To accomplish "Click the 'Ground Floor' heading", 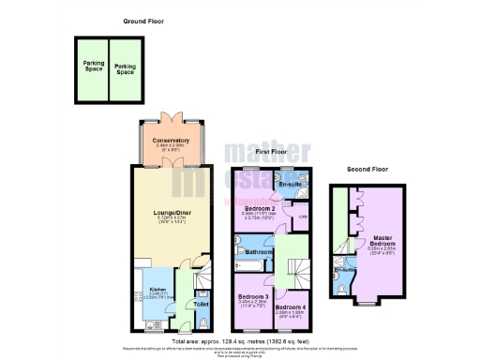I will tap(143, 21).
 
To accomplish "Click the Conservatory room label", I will tap(172, 141).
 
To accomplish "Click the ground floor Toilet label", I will tap(202, 305).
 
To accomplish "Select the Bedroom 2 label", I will tap(258, 206).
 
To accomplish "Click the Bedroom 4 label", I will tap(292, 307).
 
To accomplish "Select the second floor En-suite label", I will tap(345, 270).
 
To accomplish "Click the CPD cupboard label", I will tap(303, 217).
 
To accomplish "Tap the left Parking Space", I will tap(93, 67).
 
